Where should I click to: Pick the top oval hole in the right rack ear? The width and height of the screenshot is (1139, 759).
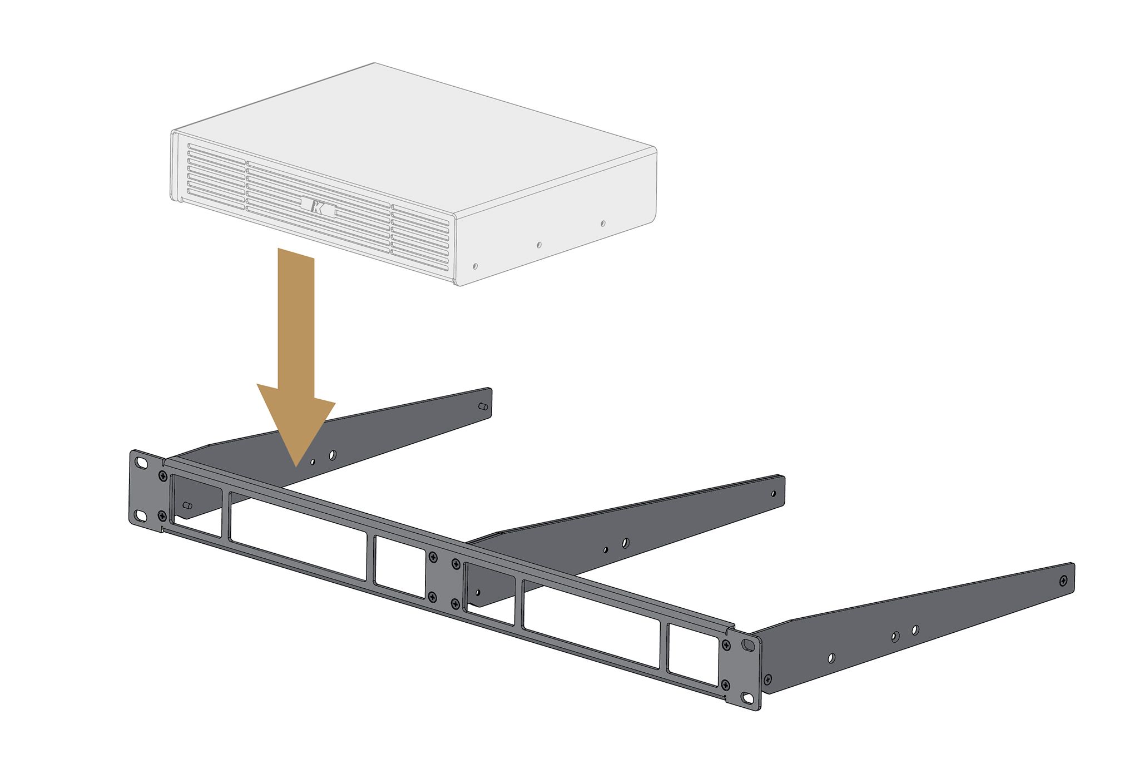pyautogui.click(x=748, y=645)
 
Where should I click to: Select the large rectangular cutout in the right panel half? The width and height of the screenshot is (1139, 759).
pyautogui.click(x=591, y=622)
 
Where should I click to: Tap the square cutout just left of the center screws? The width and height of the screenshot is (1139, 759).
pyautogui.click(x=400, y=566)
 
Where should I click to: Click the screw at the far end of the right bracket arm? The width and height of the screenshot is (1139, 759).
pyautogui.click(x=1063, y=581)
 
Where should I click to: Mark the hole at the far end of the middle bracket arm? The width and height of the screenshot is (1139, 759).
pyautogui.click(x=774, y=493)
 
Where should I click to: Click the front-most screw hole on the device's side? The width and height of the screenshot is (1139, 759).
pyautogui.click(x=475, y=266)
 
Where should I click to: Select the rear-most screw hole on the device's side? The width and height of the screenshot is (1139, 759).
pyautogui.click(x=603, y=224)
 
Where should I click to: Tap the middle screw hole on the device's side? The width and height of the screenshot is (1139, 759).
pyautogui.click(x=538, y=245)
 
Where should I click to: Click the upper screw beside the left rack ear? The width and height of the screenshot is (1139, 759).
pyautogui.click(x=162, y=475)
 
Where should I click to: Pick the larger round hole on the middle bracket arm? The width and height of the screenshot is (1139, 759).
pyautogui.click(x=626, y=542)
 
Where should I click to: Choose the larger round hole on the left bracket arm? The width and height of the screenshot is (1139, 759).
pyautogui.click(x=333, y=455)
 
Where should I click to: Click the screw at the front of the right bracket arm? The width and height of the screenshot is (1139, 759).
pyautogui.click(x=768, y=679)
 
